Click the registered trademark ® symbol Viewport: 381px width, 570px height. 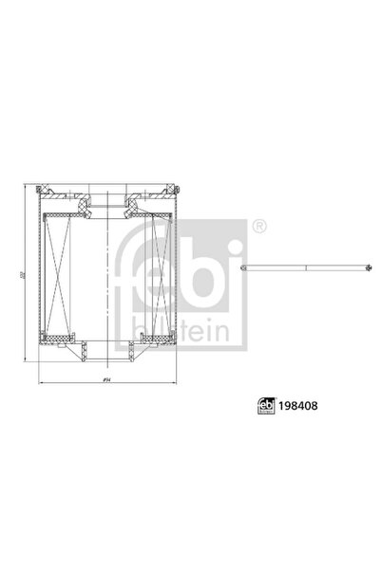(x=259, y=227)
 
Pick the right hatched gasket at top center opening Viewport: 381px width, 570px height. (x=133, y=202)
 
